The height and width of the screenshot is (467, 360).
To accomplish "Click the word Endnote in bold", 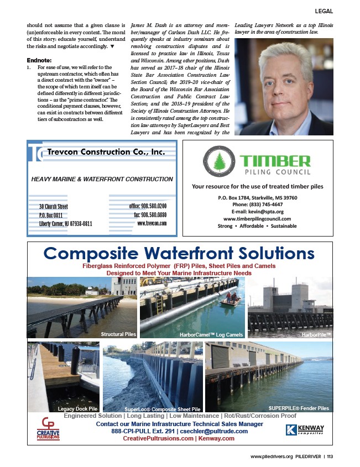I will tap(39, 61).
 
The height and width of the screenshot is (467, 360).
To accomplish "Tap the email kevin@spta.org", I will tap(258, 211).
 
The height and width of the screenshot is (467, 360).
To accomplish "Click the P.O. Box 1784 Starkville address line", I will tap(257, 197).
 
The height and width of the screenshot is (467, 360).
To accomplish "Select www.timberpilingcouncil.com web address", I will tap(258, 218).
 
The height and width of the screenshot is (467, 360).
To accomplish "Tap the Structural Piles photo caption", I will tap(118, 334).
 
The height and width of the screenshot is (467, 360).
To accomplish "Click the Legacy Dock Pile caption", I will tap(77, 408).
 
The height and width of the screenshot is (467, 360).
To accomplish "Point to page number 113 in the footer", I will tap(330, 456).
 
